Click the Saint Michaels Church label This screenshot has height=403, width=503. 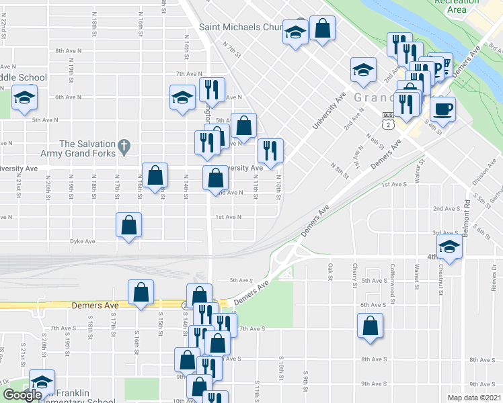click(245, 28)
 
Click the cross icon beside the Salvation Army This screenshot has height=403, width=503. click(123, 145)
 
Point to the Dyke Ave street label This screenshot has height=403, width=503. click(83, 240)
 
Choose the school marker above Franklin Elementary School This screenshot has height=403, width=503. click(42, 382)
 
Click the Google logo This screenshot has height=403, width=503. click(22, 396)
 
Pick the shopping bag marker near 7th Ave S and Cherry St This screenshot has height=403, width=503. click(370, 326)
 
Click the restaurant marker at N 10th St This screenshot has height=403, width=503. click(270, 150)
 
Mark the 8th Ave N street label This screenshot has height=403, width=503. click(68, 50)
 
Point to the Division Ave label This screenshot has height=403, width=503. click(483, 177)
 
